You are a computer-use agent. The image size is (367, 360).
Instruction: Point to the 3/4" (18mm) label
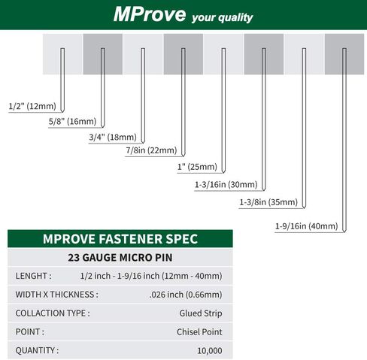click(x=113, y=137)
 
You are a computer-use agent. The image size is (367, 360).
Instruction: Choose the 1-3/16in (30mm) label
click(x=226, y=184)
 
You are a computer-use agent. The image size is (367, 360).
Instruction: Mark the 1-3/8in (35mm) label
click(x=268, y=202)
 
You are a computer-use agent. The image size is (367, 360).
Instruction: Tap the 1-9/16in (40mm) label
click(x=308, y=225)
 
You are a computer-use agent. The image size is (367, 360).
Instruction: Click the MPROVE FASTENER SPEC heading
click(x=120, y=239)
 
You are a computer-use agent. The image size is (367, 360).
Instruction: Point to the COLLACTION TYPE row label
click(x=53, y=313)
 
